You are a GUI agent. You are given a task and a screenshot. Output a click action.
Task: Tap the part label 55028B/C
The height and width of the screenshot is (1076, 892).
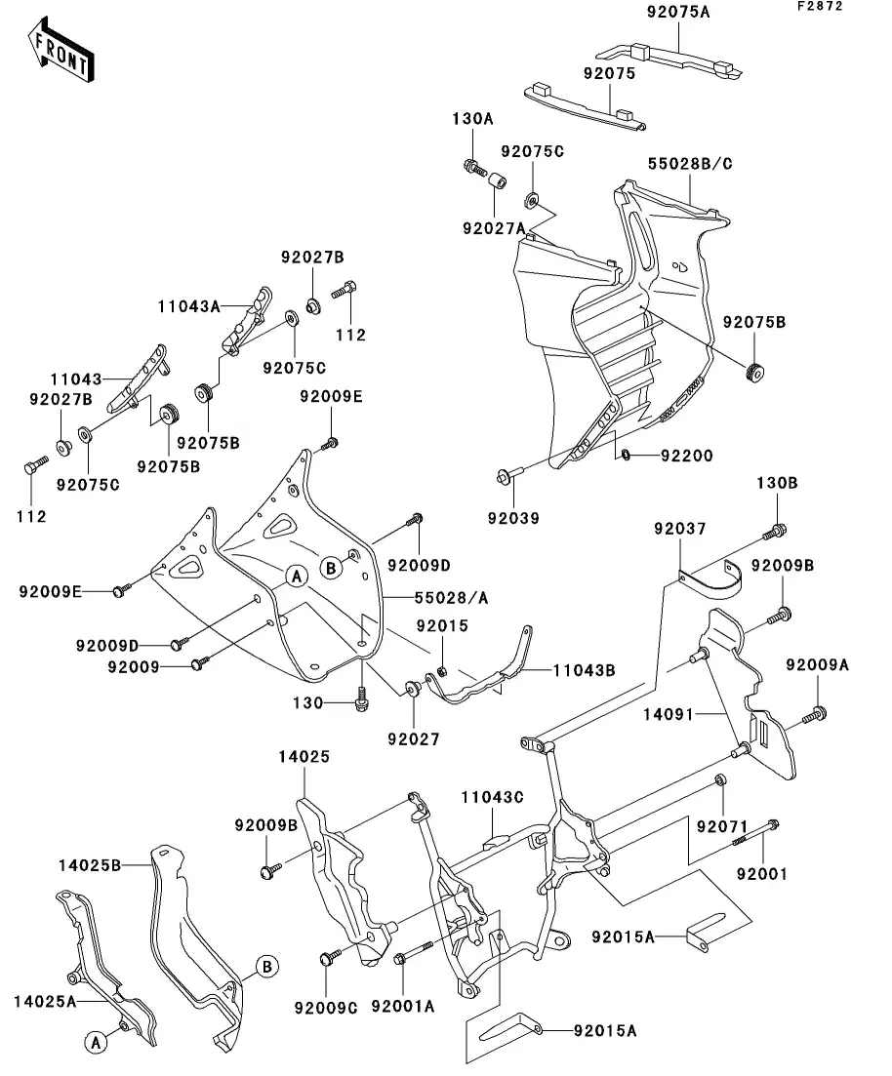pyautogui.click(x=690, y=164)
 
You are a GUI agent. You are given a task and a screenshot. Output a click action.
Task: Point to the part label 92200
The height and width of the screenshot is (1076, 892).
pyautogui.click(x=687, y=455)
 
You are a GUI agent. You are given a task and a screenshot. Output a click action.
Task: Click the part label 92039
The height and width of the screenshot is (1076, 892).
pyautogui.click(x=513, y=518)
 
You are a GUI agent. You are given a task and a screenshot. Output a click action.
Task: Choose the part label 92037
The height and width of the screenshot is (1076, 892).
pyautogui.click(x=678, y=529)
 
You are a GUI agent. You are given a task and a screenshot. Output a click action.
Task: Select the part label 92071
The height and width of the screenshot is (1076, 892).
pyautogui.click(x=721, y=826)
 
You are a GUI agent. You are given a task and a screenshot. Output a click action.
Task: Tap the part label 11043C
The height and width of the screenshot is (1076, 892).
pyautogui.click(x=492, y=797)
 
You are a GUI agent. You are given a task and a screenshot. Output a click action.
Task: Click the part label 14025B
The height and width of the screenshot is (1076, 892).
pyautogui.click(x=89, y=864)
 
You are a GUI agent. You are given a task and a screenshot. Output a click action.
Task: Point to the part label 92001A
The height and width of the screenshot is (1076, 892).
pyautogui.click(x=401, y=1005)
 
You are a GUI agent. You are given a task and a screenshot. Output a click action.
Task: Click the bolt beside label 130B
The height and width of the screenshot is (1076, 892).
pyautogui.click(x=777, y=531)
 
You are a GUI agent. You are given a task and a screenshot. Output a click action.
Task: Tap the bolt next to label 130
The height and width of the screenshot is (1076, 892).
pyautogui.click(x=363, y=698)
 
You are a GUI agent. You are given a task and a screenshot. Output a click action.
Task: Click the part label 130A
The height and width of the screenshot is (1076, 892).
pyautogui.click(x=472, y=118)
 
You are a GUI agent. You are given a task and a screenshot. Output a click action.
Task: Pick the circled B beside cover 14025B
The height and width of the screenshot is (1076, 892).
pyautogui.click(x=266, y=967)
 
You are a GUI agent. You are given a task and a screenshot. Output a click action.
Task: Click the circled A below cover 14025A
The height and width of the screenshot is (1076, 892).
pyautogui.click(x=96, y=1043)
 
